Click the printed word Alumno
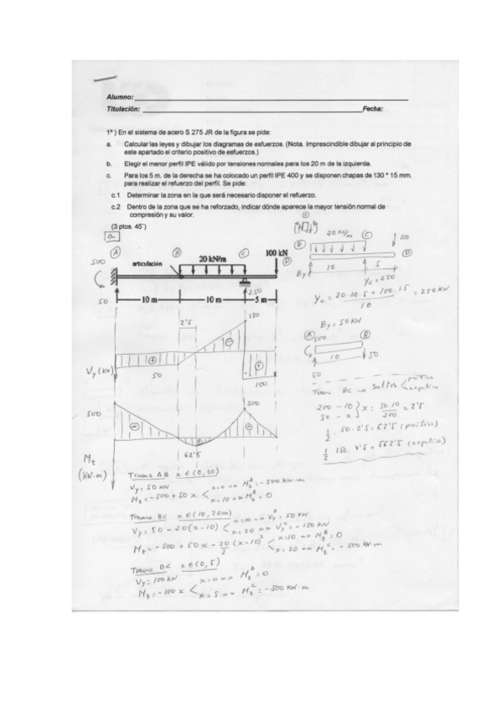119,100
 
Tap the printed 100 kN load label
277,252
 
